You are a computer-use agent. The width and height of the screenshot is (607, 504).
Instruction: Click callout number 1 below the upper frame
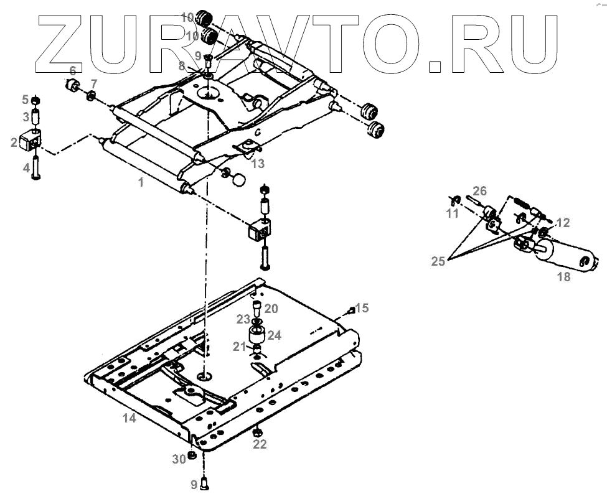141,183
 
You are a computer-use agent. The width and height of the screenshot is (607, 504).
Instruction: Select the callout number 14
129,418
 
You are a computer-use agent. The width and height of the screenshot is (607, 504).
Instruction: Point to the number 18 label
563,278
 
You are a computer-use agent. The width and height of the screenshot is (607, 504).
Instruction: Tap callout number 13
258,164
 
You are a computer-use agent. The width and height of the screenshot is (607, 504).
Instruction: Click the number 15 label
362,307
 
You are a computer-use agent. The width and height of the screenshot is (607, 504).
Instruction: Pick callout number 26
479,191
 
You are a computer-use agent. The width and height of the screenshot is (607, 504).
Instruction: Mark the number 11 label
452,214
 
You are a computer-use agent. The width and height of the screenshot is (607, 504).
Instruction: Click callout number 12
563,222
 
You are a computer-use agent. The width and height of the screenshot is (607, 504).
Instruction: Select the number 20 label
271,309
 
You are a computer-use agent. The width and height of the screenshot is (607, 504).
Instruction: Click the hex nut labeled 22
258,431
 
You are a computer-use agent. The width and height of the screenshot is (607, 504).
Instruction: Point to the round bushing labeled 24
258,335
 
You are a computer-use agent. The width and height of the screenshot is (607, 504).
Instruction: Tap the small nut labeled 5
36,100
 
